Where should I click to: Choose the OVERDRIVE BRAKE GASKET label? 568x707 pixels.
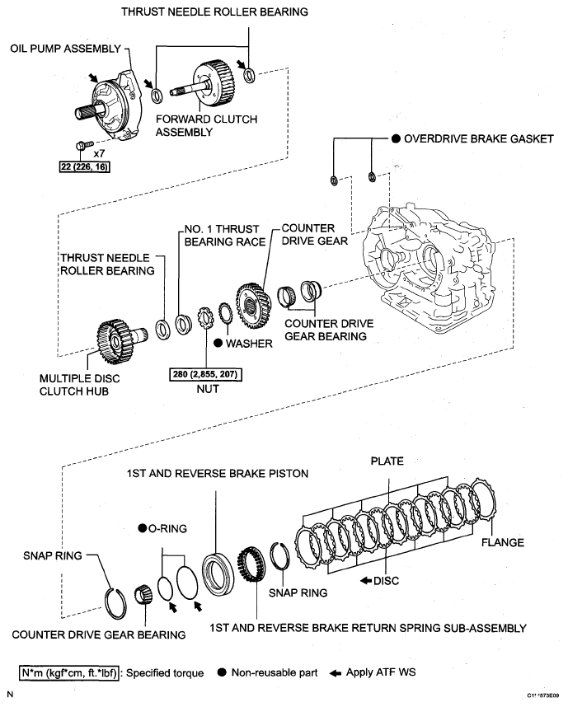pos(478,139)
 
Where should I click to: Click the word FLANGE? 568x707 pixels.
pos(504,543)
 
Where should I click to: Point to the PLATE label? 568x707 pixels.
pos(387,461)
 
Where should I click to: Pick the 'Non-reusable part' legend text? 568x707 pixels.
pos(275,673)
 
